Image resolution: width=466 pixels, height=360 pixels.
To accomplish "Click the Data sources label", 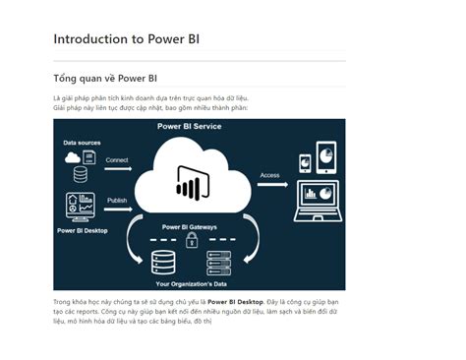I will (x=83, y=143).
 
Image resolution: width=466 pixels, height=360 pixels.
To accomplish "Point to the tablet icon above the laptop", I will (x=325, y=155).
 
